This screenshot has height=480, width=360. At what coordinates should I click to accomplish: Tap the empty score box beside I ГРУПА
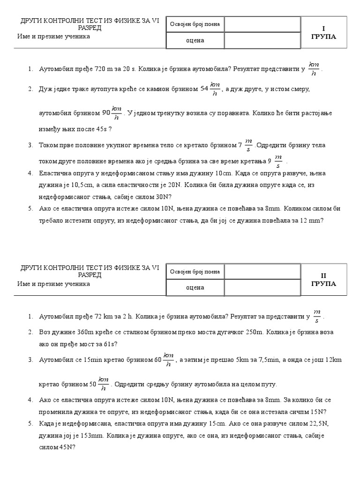tap(262, 24)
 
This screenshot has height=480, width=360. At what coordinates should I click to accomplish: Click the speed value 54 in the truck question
tap(204, 88)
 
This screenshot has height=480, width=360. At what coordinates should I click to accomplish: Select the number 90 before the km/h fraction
tap(106, 113)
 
